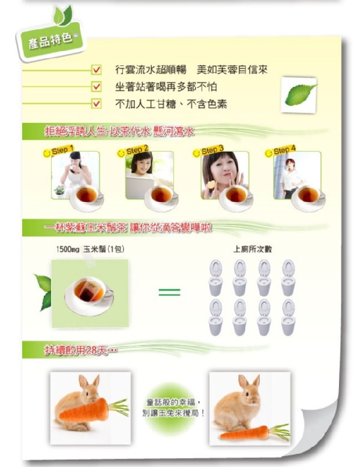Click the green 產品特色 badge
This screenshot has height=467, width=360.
click(x=50, y=42)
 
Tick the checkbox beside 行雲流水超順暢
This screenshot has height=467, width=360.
click(x=96, y=70)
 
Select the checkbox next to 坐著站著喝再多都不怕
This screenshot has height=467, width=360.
click(x=96, y=87)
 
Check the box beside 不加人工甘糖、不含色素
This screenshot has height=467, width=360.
click(x=96, y=104)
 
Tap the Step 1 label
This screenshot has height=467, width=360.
click(x=62, y=150)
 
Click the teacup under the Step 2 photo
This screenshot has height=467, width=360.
click(x=161, y=198)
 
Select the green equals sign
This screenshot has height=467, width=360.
click(x=169, y=292)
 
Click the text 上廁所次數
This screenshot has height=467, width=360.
click(x=252, y=249)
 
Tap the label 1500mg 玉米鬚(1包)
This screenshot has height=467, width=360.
click(x=90, y=249)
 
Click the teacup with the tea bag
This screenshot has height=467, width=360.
click(x=89, y=294)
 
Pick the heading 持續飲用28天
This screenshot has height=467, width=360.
click(x=81, y=350)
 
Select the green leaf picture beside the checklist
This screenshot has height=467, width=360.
click(x=299, y=95)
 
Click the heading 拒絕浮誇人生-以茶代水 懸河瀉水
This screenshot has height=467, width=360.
click(x=119, y=131)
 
